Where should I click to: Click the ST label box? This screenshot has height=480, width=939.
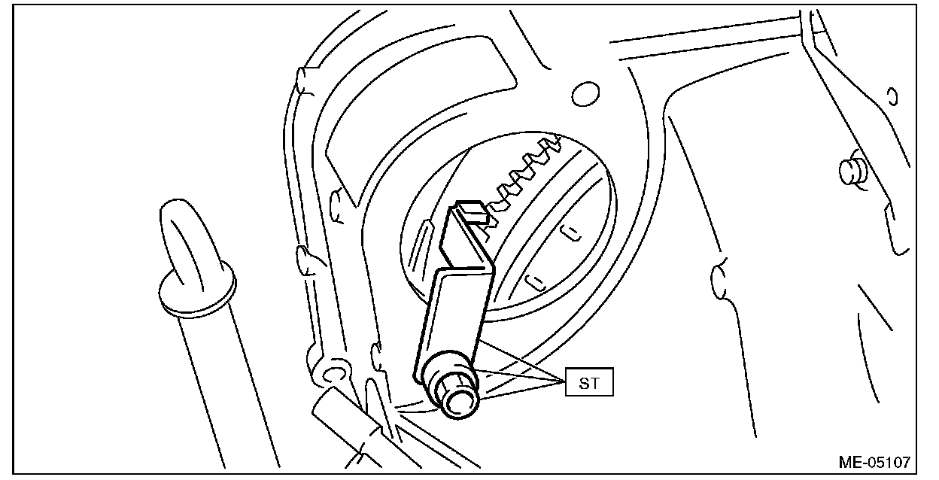[x=591, y=384]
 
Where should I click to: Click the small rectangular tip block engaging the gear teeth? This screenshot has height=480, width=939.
[x=473, y=212]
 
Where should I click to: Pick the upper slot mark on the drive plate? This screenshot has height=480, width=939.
[x=573, y=232]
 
